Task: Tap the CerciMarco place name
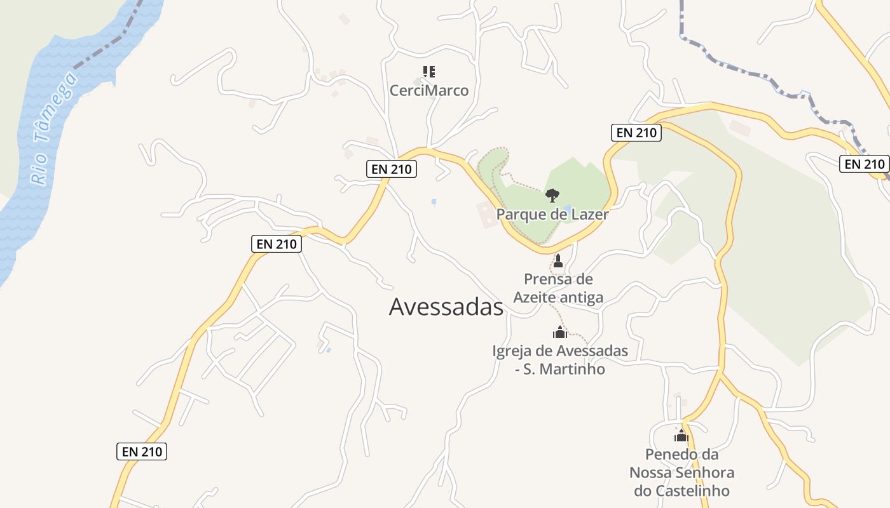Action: (429, 91)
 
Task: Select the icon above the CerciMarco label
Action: (429, 72)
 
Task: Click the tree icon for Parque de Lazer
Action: (552, 195)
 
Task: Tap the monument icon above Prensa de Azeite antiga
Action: (558, 261)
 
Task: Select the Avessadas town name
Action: (446, 307)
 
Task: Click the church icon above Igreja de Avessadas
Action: (559, 331)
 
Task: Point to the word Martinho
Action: (572, 369)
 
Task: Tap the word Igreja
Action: (512, 351)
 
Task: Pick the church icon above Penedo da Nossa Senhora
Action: (681, 436)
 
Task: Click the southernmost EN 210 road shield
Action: (142, 451)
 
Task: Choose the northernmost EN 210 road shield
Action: (636, 133)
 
